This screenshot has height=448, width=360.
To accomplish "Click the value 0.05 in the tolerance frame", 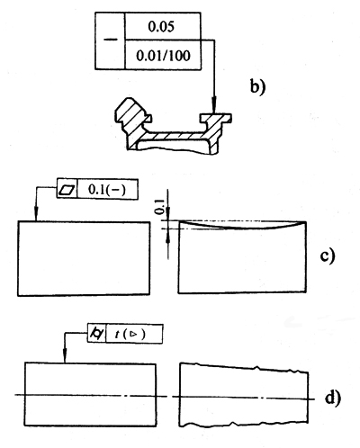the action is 161,27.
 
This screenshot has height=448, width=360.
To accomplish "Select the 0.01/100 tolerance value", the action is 163,56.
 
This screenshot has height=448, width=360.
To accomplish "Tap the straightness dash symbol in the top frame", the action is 110,40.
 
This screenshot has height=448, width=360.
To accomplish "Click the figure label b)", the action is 258,87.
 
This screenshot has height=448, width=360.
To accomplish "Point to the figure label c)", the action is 327,255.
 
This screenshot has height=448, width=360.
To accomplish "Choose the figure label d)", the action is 333,398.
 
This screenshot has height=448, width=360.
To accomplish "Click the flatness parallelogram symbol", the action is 67,190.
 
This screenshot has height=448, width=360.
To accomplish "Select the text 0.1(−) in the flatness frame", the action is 107,190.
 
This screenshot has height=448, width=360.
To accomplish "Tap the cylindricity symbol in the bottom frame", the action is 97,334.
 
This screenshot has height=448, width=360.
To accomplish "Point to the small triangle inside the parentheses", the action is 132,334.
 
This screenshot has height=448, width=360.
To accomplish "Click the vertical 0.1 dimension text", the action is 159,207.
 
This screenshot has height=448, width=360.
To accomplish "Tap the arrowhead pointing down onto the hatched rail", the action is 213,105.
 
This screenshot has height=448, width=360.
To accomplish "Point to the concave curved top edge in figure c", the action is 242,227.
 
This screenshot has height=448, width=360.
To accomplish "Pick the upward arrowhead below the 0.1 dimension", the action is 167,236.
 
